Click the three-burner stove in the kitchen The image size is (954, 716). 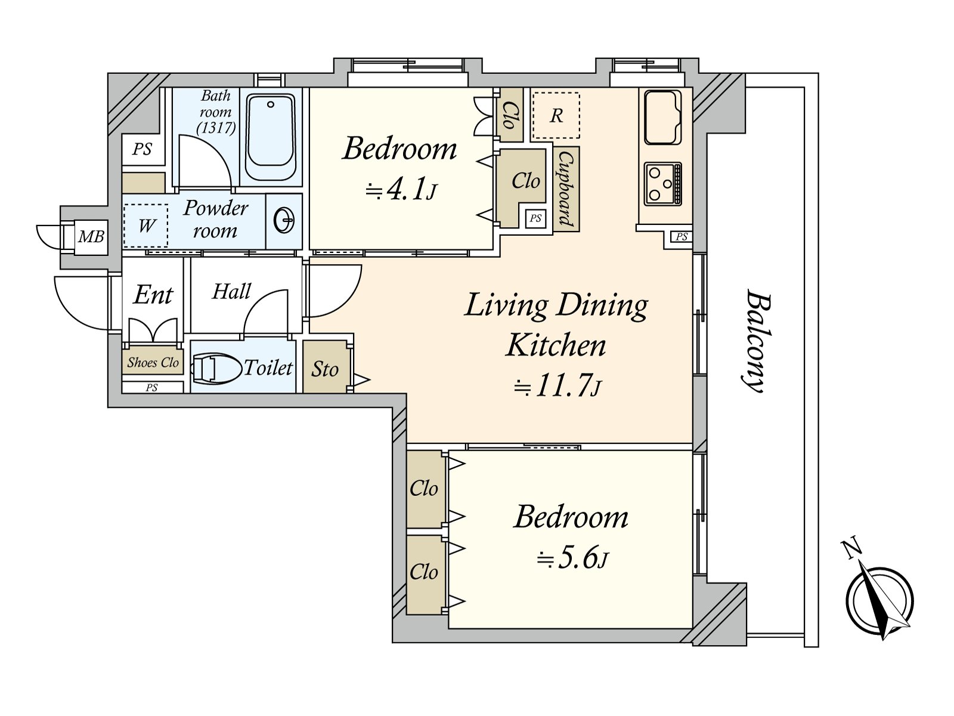point(663,183)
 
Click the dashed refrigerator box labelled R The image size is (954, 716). point(556,115)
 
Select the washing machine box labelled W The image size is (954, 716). point(145,226)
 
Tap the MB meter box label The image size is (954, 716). point(91,237)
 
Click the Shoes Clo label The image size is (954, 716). point(153,363)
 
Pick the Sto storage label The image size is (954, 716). point(325,369)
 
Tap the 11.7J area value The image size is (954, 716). point(557,385)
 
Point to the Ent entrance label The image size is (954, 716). point(153,295)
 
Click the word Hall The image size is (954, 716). point(232,291)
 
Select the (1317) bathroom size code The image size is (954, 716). point(216,128)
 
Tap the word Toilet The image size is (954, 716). point(268,368)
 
